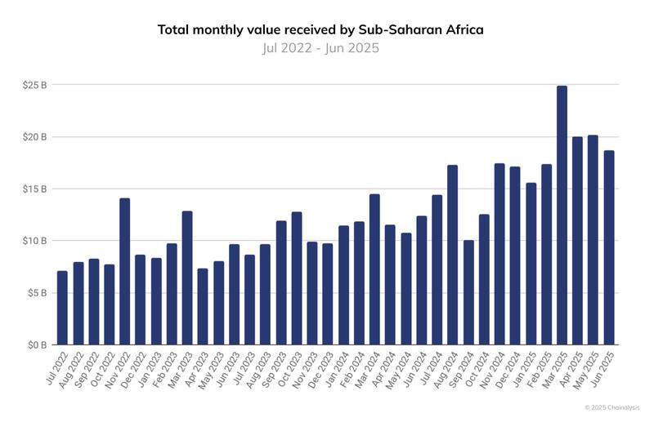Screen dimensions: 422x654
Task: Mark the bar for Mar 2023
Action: tap(187, 278)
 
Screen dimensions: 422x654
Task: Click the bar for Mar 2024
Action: tap(374, 269)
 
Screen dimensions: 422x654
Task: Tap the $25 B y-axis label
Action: tap(35, 85)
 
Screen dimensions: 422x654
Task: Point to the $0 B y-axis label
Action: tap(37, 344)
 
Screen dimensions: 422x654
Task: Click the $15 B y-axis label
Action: tap(35, 189)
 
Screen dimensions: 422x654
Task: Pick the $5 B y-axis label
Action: tap(37, 293)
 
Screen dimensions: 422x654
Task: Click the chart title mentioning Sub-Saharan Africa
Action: tap(320, 29)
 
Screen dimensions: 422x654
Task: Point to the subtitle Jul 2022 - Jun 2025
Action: tap(320, 48)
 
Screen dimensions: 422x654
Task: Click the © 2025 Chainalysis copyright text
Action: tap(612, 406)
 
